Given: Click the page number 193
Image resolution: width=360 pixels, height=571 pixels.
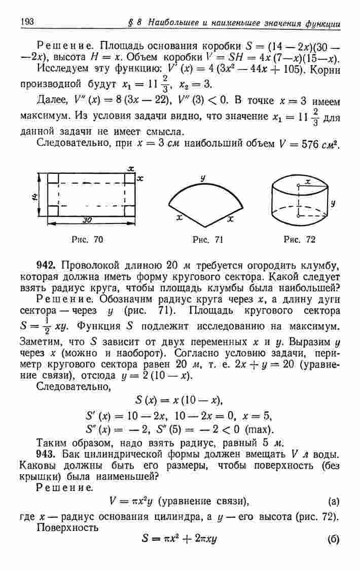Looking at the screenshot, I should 27,22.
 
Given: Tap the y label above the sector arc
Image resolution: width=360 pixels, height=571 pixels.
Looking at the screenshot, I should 202,177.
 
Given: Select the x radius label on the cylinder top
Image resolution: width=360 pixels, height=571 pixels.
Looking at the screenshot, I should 308,181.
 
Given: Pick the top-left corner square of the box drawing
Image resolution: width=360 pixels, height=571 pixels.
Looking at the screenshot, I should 53,178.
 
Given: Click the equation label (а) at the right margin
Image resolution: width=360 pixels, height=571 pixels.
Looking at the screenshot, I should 334,502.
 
